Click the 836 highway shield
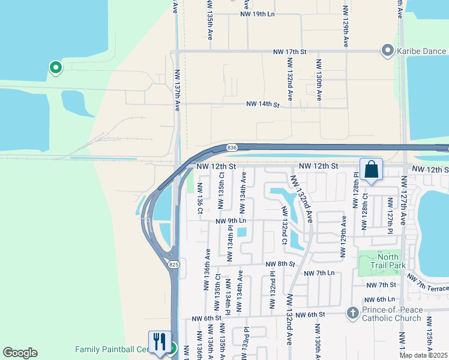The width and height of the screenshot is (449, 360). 232,148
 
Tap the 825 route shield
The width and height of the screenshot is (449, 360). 174,264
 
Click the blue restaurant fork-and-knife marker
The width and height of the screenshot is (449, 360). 160,342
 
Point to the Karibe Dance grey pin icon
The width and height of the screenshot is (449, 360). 388,50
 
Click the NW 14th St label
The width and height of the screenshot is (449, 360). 263,104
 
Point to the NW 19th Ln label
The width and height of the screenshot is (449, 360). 257,13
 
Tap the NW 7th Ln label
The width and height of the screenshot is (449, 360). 319,273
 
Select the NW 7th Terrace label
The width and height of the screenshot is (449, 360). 427,283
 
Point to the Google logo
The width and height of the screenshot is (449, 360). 20,353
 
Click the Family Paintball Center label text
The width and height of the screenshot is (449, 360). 112,349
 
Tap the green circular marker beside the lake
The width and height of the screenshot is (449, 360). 55,68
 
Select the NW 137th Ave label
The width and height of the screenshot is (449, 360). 178,91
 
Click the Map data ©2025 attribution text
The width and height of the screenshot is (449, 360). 423,355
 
